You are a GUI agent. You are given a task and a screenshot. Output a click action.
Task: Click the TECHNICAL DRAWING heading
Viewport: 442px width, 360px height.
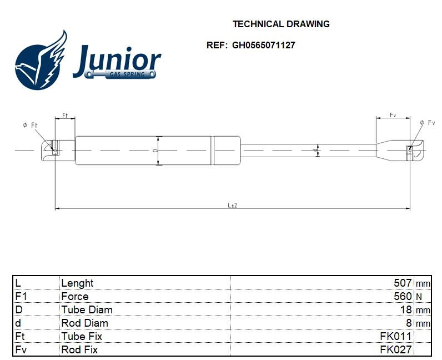(281, 24)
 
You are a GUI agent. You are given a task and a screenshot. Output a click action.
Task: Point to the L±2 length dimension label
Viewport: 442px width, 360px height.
(233, 205)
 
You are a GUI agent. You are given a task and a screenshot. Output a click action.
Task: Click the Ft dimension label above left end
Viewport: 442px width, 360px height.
(64, 116)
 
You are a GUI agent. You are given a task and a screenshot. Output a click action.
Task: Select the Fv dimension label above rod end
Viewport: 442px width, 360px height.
(393, 115)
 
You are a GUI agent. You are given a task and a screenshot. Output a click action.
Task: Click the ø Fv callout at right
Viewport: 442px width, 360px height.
(428, 122)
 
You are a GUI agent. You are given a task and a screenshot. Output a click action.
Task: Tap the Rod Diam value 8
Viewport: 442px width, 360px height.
(409, 323)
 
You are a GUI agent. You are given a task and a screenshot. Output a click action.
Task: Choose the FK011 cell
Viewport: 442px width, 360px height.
(395, 336)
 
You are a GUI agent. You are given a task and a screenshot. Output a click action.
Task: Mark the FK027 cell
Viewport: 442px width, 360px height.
(395, 349)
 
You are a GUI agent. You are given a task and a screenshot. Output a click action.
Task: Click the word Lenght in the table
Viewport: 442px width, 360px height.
(77, 283)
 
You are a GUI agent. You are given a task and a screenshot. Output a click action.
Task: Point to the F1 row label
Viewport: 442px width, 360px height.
(21, 296)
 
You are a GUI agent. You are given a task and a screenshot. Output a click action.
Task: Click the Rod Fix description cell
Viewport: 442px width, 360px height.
(79, 349)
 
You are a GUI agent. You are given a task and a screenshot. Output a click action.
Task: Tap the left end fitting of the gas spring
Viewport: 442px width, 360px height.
(52, 149)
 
